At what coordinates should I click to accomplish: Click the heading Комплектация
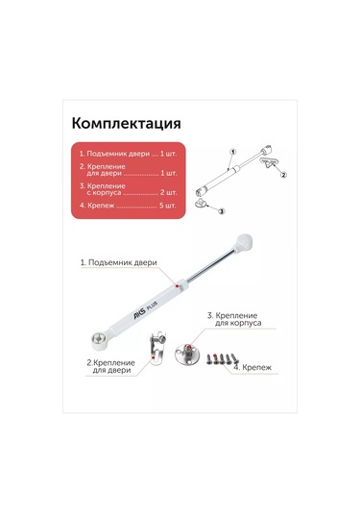(x=126, y=124)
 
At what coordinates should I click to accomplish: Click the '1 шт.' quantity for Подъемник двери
(x=168, y=154)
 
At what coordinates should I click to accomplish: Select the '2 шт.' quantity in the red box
(x=168, y=192)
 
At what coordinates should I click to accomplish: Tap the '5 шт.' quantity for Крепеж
(x=168, y=206)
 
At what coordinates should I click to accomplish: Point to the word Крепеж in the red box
(x=101, y=206)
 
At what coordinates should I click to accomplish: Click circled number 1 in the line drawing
(x=233, y=152)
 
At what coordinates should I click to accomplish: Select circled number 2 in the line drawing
(x=283, y=175)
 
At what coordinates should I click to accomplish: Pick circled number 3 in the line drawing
(x=222, y=211)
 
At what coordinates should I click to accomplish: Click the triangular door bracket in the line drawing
(x=269, y=161)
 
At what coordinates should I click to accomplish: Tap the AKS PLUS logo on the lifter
(x=145, y=309)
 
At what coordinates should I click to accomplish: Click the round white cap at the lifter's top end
(x=244, y=241)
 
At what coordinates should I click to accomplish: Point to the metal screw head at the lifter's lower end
(x=98, y=337)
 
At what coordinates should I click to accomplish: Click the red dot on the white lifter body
(x=177, y=286)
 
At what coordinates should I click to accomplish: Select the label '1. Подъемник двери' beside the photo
(x=119, y=262)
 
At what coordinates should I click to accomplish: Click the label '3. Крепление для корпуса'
(x=234, y=319)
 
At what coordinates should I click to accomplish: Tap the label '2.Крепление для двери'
(x=110, y=366)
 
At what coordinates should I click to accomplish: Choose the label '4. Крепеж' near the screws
(x=252, y=367)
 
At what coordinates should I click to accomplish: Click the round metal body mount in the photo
(x=187, y=353)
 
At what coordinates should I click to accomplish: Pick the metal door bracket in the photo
(x=156, y=348)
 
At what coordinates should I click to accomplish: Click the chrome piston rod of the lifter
(x=210, y=265)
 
